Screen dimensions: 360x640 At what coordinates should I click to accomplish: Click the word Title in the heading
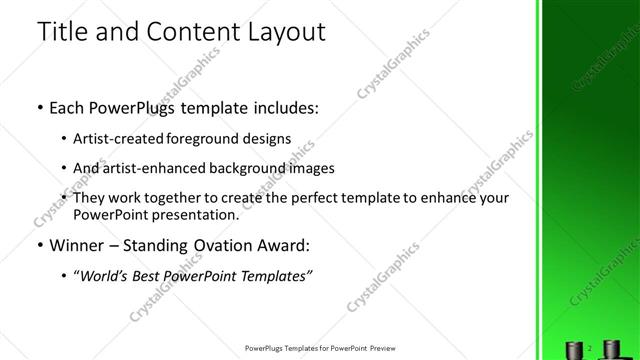62,32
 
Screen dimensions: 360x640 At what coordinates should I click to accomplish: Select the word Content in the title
187,32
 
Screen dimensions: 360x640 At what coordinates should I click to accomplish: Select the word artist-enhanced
144,168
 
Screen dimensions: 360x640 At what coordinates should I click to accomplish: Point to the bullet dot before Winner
39,246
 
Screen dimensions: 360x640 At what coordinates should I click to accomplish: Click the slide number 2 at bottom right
590,347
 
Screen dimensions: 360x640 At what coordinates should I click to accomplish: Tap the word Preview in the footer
386,349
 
